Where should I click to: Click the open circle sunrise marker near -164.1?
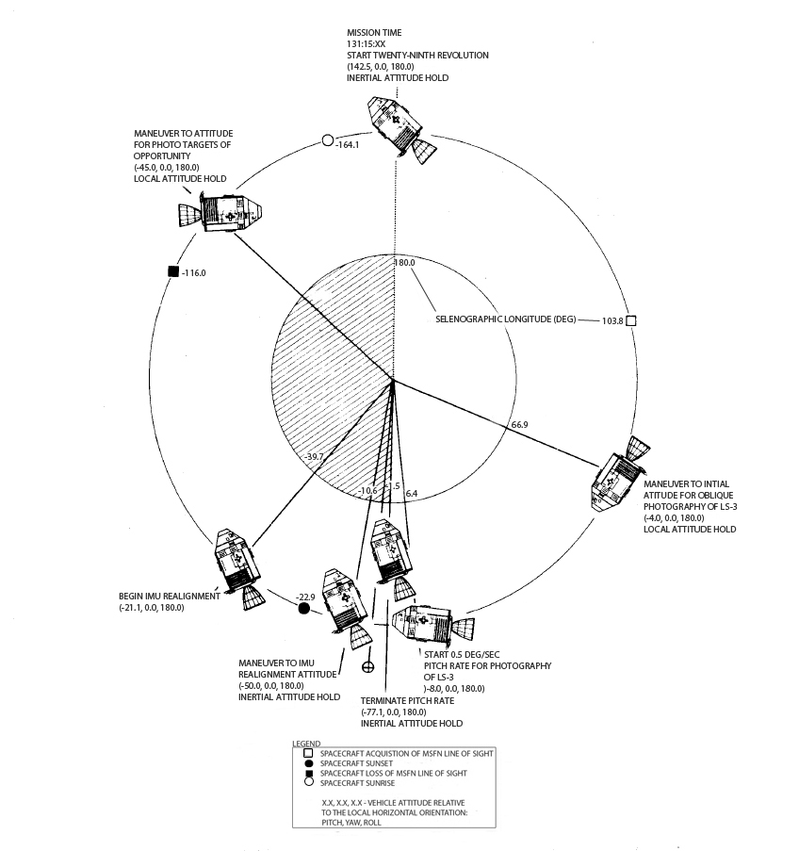[x=327, y=140]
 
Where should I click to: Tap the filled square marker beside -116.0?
[x=172, y=272]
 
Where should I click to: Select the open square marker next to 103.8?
[x=631, y=320]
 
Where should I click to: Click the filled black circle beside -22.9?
[x=303, y=609]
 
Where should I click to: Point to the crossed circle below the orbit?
[x=368, y=666]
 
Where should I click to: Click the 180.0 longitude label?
[x=405, y=263]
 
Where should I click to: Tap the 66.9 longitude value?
[x=519, y=425]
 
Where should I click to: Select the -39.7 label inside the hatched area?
[x=315, y=457]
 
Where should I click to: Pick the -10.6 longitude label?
[x=367, y=490]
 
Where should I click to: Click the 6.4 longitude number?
[x=412, y=493]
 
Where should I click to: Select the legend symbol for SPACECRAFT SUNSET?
[x=308, y=763]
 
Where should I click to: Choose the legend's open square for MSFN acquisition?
[x=308, y=754]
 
